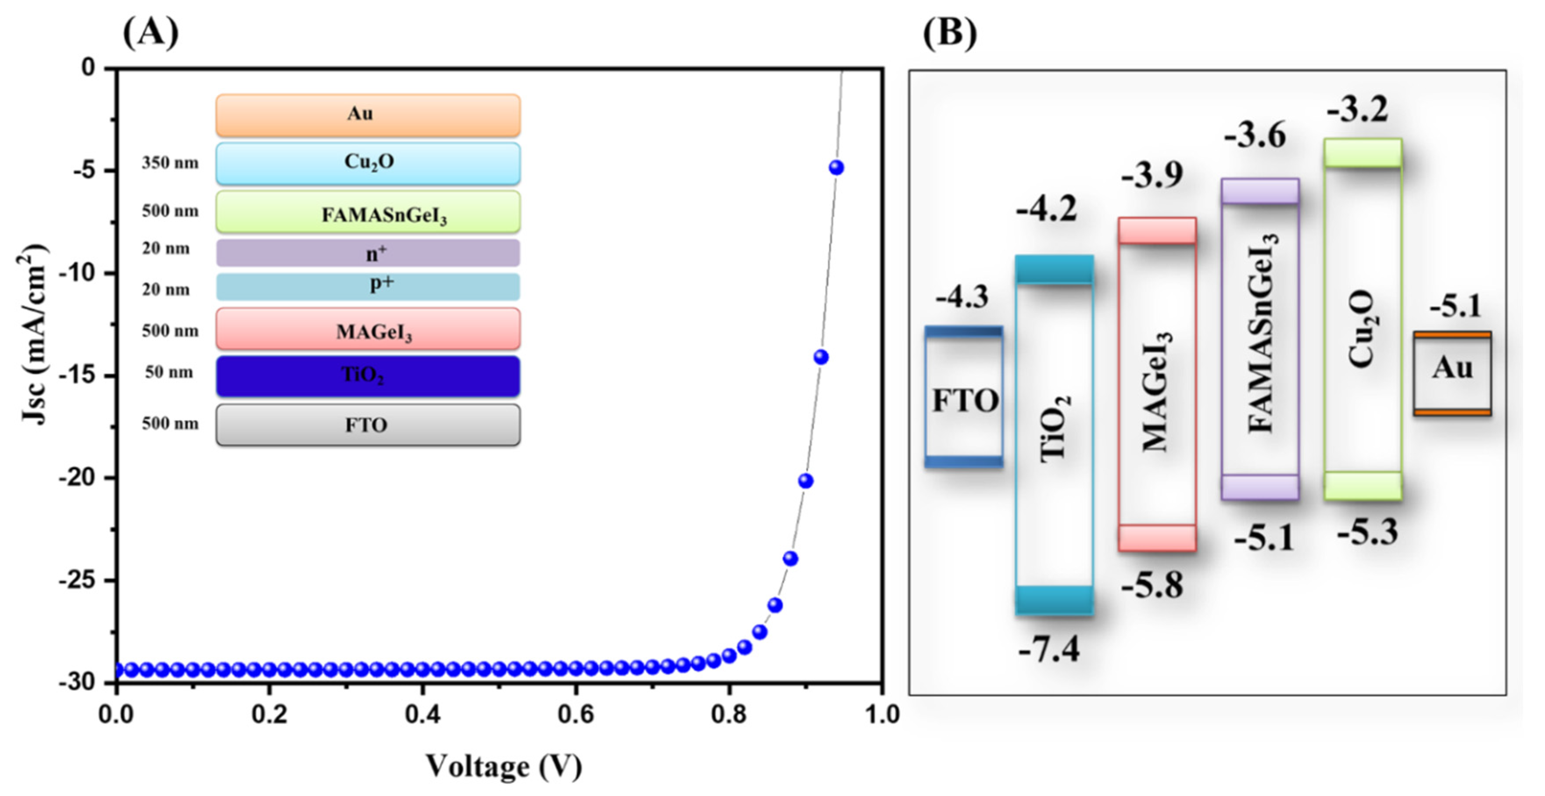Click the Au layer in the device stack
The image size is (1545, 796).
[368, 114]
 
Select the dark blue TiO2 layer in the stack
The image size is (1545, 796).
[368, 376]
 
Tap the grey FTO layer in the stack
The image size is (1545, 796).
[368, 425]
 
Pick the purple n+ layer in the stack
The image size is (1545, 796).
[368, 253]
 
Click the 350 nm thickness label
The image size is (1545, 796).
[170, 163]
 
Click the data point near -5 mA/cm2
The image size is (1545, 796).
[836, 168]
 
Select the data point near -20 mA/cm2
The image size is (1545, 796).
[805, 481]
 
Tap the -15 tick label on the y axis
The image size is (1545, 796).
[77, 375]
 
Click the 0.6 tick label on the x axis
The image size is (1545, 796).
[576, 714]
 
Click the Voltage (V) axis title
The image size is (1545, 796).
[503, 766]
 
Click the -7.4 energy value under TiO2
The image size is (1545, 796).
[1048, 649]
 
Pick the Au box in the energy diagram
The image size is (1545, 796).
[1452, 374]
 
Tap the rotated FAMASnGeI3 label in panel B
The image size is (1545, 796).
[1261, 333]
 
